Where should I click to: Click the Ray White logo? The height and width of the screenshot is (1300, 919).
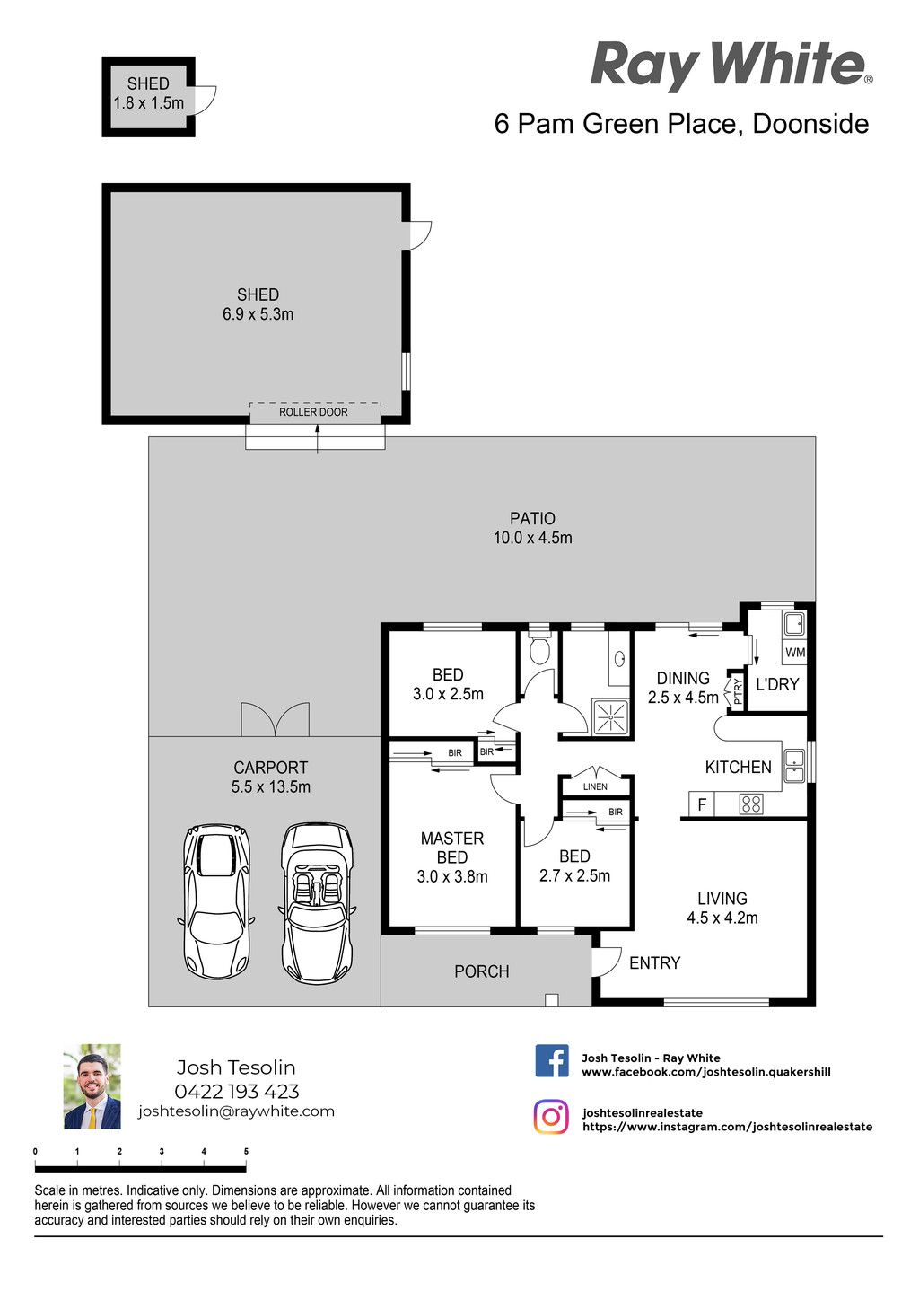point(731,66)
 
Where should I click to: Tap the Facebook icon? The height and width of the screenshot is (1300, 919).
point(551,1061)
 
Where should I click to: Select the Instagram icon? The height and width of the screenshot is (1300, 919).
point(551,1117)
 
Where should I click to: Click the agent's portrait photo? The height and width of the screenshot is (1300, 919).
point(92,1086)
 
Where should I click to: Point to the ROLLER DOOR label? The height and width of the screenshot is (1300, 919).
point(313,412)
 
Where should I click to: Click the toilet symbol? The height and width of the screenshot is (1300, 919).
point(539,649)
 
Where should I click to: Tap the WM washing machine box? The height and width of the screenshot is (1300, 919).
point(795,653)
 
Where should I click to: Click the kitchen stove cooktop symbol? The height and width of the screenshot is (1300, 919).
point(751,804)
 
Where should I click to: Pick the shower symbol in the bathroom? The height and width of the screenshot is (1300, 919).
point(610,718)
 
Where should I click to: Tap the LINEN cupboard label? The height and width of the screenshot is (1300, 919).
point(595,787)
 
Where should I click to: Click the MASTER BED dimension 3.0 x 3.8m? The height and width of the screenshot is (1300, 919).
point(452,876)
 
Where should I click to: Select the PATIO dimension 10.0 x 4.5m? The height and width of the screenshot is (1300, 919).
point(532,538)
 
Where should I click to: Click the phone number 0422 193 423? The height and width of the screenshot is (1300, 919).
point(237,1091)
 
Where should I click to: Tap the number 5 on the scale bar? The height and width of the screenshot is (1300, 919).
point(246,1152)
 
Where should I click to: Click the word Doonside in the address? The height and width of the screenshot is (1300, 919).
point(810,124)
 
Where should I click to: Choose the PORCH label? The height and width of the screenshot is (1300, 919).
point(482,971)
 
